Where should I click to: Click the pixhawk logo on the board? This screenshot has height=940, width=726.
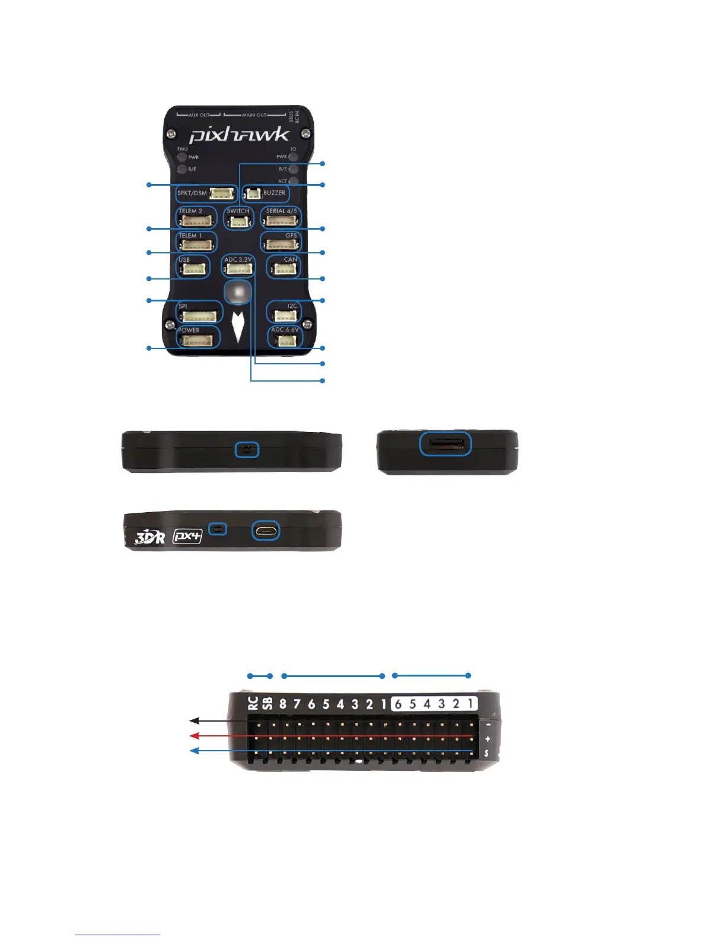[x=240, y=135]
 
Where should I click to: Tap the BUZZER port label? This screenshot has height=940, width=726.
[x=274, y=193]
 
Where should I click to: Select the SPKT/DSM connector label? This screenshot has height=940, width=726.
[x=192, y=193]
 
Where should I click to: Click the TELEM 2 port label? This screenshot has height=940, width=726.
[x=190, y=211]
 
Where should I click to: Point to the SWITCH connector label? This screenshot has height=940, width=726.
[x=238, y=211]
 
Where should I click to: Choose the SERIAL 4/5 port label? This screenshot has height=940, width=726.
[x=281, y=211]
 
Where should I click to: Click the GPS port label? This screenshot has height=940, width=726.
[x=291, y=236]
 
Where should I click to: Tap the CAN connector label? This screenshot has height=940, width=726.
[x=290, y=260]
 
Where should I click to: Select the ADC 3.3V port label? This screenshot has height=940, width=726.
[x=238, y=260]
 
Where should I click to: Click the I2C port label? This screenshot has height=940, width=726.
[x=292, y=306]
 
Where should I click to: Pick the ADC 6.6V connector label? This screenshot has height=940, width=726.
[x=285, y=330]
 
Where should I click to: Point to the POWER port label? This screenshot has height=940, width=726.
[x=189, y=331]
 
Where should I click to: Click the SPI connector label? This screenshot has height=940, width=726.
[x=183, y=306]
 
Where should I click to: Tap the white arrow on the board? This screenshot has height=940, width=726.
[x=238, y=326]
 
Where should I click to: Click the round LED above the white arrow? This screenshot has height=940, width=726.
[x=238, y=292]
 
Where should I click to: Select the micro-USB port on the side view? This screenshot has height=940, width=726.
[x=266, y=530]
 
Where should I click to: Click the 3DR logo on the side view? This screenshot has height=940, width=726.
[x=150, y=537]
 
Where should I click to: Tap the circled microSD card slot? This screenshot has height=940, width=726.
[x=445, y=444]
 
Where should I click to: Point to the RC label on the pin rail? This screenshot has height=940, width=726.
[x=253, y=703]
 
